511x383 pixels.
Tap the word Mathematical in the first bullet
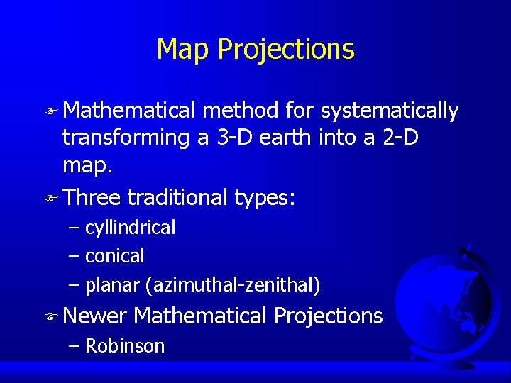[x=128, y=111]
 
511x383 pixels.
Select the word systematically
[x=390, y=111]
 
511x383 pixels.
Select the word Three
[x=92, y=196]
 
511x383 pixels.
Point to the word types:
[x=265, y=197]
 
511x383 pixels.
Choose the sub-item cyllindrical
[x=130, y=228]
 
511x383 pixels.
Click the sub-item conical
[x=114, y=255]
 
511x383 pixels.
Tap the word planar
[x=113, y=285]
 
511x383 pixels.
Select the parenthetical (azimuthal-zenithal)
[x=233, y=285]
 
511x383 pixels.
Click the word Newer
[x=94, y=316]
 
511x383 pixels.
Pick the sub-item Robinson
[x=125, y=346]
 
